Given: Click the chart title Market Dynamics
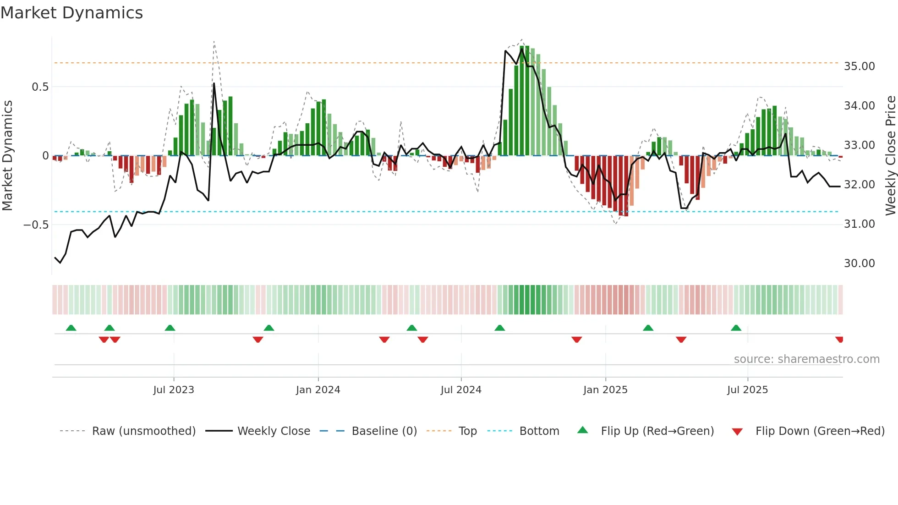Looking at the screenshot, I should coord(71,13).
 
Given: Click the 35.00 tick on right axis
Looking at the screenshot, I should coord(859,66).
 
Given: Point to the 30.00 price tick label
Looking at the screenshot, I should coord(859,263).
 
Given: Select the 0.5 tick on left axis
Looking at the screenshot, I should coord(40,87).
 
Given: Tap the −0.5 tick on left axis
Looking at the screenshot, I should coord(36,225).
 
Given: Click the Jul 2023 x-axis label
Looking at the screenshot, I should coord(174,390).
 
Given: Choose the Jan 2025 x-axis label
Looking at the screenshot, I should coord(605,390).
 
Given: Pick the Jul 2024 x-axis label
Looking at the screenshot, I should coord(461,390).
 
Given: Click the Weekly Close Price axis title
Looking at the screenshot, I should coord(890,155).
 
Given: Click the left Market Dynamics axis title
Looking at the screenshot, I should coord(7,155).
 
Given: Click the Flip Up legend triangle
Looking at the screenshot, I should coord(582,430).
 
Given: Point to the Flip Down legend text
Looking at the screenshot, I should coord(820,431).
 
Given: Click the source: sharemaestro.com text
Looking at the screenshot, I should coord(806,359).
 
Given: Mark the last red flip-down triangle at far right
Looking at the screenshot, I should coord(839,340).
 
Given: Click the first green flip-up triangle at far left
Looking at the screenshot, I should coord(71,328).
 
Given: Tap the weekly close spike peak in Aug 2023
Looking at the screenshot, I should coord(214,83).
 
